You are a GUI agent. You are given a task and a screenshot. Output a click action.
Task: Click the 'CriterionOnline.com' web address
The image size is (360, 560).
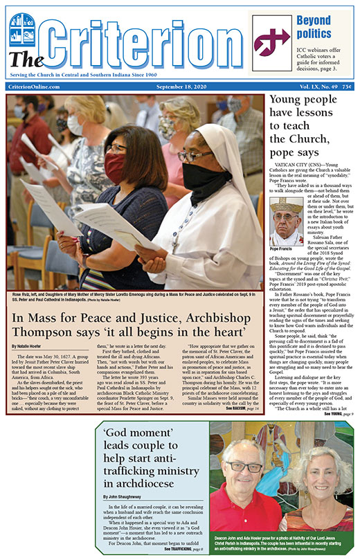[x=33, y=87]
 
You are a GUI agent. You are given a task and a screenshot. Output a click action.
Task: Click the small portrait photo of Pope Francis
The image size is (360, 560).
[x=286, y=222]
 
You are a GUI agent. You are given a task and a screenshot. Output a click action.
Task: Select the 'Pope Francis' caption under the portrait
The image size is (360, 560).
[x=284, y=249]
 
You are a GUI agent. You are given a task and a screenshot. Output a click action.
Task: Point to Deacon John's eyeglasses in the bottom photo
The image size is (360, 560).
[x=244, y=468]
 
